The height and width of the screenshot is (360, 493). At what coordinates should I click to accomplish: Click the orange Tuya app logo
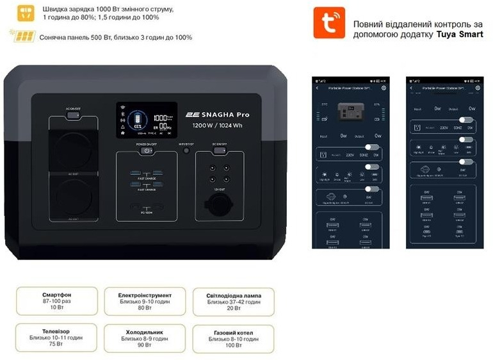pyautogui.click(x=328, y=23)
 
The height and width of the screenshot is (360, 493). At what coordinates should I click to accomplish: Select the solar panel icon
pyautogui.click(x=23, y=36)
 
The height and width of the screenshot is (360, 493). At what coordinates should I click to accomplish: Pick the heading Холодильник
pyautogui.click(x=144, y=332)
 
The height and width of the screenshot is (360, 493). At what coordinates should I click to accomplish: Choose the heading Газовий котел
pyautogui.click(x=233, y=333)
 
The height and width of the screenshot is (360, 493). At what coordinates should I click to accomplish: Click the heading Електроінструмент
pyautogui.click(x=144, y=296)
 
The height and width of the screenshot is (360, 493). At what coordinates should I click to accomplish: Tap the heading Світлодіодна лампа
pyautogui.click(x=234, y=296)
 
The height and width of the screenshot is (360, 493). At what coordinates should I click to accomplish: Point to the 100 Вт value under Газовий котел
pyautogui.click(x=233, y=345)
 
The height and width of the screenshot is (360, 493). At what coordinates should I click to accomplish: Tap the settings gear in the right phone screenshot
pyautogui.click(x=478, y=88)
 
